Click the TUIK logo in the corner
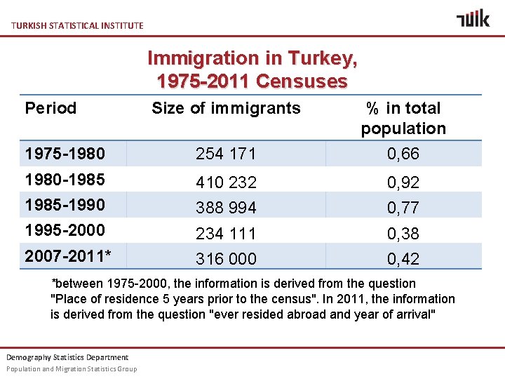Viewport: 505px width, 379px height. [473, 18]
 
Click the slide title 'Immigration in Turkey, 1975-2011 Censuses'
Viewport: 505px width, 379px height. [252, 69]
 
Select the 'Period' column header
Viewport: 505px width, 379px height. [50, 108]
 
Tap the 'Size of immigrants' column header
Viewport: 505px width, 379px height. [226, 108]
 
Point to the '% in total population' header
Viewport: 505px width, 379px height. [403, 118]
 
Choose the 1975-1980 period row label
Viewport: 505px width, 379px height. [65, 153]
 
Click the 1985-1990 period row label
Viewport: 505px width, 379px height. [65, 205]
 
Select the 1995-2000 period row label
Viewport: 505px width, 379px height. [65, 230]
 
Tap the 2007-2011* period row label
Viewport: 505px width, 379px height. [68, 256]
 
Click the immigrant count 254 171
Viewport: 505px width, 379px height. [226, 154]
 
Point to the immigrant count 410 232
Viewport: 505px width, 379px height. [226, 182]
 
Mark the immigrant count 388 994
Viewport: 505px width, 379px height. [226, 208]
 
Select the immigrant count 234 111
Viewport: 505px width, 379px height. [226, 233]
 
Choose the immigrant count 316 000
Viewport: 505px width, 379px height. [226, 258]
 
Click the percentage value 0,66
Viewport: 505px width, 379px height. [403, 154]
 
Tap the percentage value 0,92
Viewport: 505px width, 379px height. [403, 182]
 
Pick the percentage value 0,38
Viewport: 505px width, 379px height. [403, 233]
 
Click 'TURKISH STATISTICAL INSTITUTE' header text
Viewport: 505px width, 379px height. [77, 25]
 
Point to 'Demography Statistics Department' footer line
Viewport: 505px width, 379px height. [67, 357]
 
